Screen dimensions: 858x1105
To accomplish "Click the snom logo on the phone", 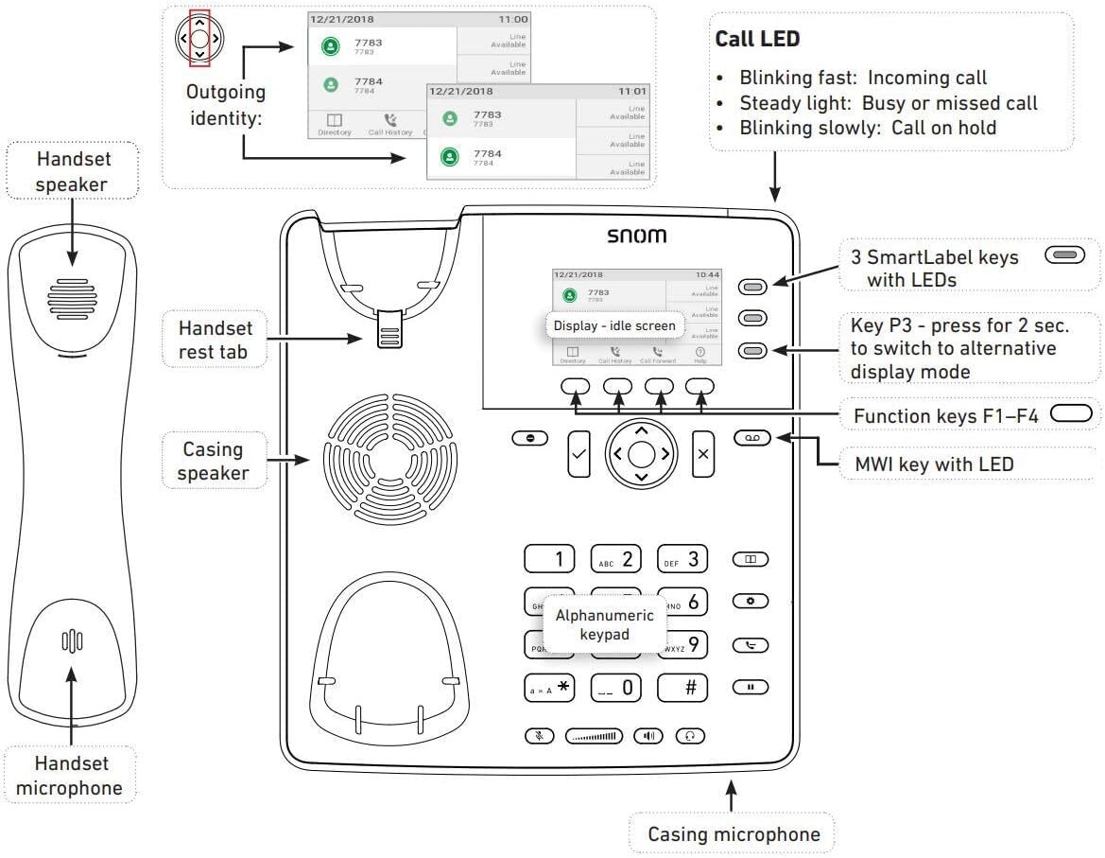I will (635, 236).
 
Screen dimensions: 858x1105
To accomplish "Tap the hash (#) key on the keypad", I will (682, 688).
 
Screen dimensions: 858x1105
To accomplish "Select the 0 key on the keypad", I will (616, 688).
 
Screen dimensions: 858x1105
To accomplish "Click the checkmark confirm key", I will (578, 453).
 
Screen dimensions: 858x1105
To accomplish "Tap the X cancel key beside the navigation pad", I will (702, 453).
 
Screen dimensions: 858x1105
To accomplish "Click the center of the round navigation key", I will (641, 453).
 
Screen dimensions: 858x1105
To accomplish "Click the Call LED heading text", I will (758, 39).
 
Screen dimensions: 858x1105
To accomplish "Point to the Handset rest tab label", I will (216, 341).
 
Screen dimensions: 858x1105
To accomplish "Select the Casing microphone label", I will (733, 834).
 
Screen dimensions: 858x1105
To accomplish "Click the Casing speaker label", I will (213, 461).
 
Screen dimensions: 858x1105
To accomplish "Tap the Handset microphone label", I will (71, 776).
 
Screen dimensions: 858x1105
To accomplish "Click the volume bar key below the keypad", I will (595, 736).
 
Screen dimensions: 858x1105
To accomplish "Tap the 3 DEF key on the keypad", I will (682, 559).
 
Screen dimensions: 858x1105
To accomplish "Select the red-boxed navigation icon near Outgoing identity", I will (199, 39).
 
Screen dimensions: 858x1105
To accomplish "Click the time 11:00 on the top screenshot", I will (513, 19).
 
